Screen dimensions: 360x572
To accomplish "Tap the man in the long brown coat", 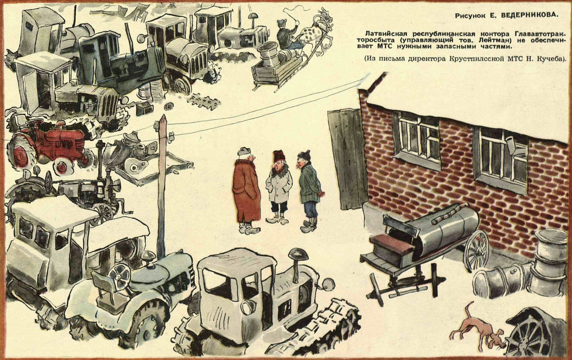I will coord(246,191).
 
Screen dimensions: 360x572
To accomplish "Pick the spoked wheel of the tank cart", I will coord(476,250).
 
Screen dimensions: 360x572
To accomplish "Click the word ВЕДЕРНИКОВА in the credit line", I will coord(532,15).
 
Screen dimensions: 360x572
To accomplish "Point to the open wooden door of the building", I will coord(347,157).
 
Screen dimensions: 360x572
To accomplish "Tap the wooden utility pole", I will coord(162,186).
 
